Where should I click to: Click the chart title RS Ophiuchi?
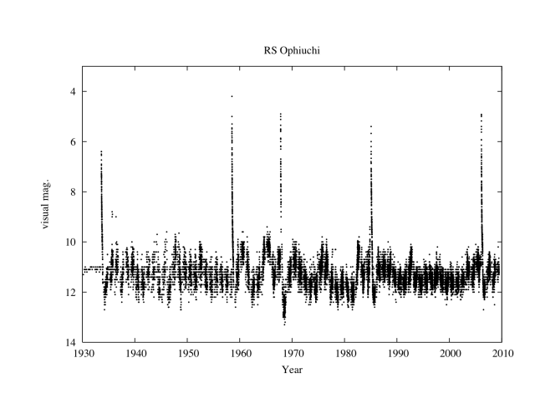point(292,50)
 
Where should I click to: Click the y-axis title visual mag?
point(49,216)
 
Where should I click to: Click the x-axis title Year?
point(292,369)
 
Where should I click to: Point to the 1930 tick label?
point(84,354)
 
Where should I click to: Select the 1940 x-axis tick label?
point(136,354)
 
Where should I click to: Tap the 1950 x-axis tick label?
point(188,354)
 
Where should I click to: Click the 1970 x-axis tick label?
point(293,354)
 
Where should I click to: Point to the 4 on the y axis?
point(74,91)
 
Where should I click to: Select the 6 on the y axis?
point(74,141)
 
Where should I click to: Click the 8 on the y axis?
point(74,192)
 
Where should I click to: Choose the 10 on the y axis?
point(72,242)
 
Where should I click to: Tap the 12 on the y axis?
point(72,292)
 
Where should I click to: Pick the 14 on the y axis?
point(72,342)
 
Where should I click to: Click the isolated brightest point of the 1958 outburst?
point(232,96)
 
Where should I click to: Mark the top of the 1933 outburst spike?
point(101,151)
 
